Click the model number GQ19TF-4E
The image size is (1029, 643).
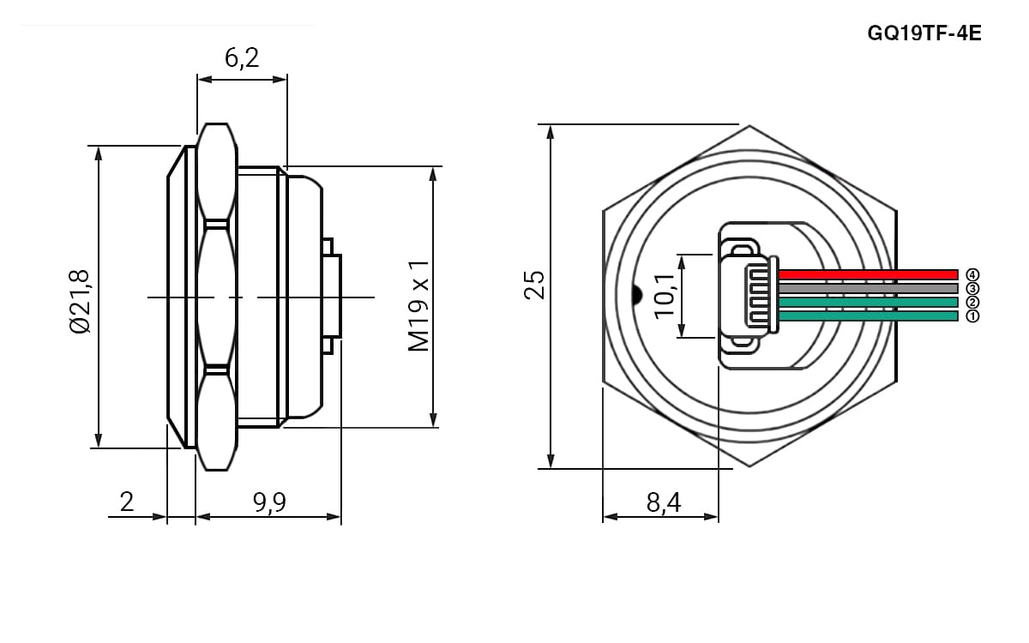(x=924, y=33)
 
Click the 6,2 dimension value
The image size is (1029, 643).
(x=242, y=58)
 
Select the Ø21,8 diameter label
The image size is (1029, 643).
(x=80, y=301)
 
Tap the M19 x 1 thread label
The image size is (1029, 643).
(x=418, y=306)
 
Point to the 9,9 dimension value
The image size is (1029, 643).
(x=269, y=502)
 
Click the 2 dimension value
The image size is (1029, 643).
(x=127, y=502)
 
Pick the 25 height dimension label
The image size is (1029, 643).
(x=534, y=285)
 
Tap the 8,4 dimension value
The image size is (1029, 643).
(x=664, y=502)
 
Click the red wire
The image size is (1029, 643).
(x=868, y=274)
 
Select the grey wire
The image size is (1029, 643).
(x=868, y=288)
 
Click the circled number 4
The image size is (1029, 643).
(x=972, y=274)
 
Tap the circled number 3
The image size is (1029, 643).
(x=972, y=288)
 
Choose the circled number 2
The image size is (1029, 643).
(x=972, y=302)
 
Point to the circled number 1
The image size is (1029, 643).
(x=972, y=316)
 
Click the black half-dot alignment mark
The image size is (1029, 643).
(x=637, y=295)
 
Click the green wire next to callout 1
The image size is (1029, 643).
(x=868, y=316)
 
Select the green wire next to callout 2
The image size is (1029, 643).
(x=868, y=302)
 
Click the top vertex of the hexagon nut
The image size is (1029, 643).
(x=749, y=125)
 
